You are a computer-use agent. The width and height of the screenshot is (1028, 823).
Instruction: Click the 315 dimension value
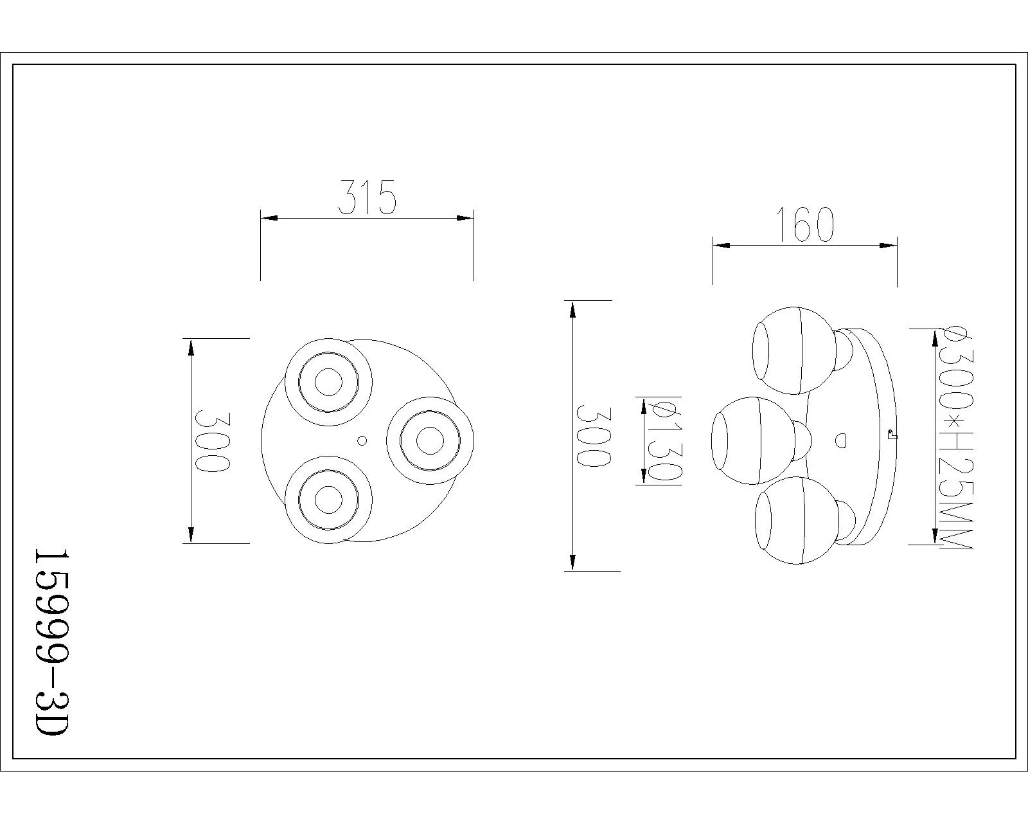(368, 197)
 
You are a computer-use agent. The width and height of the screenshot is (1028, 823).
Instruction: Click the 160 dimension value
(806, 224)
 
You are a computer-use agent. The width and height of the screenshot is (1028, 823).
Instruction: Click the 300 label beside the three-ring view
(213, 441)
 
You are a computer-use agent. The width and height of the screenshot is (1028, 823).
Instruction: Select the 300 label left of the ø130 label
(594, 436)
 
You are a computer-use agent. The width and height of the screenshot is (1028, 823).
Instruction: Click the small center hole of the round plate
(362, 440)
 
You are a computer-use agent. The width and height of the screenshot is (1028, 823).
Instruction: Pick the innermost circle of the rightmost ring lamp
(430, 440)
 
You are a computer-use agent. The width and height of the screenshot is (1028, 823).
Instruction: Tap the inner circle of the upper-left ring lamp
(328, 383)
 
